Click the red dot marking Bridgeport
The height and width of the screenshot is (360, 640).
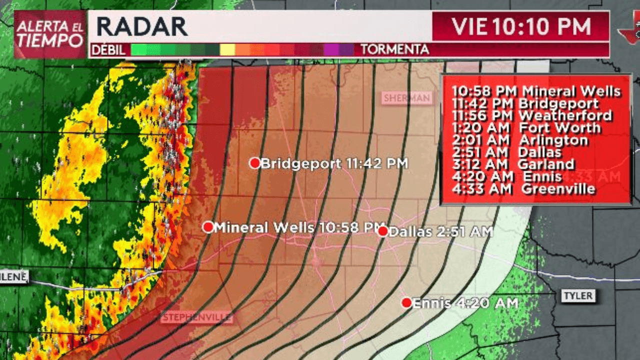(x=255, y=163)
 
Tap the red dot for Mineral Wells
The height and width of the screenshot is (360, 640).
(x=208, y=227)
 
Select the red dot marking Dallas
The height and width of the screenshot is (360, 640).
(x=383, y=231)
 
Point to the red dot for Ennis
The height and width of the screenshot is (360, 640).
(x=406, y=302)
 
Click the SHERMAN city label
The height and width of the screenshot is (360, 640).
(x=406, y=98)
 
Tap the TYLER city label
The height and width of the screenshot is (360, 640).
(x=578, y=295)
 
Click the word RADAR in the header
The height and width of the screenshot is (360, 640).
(x=142, y=26)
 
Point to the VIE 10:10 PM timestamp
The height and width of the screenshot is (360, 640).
(x=521, y=26)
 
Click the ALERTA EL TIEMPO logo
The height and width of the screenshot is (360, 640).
(x=49, y=34)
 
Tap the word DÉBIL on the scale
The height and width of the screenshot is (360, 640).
(x=109, y=50)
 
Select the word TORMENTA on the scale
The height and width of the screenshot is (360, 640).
(x=395, y=50)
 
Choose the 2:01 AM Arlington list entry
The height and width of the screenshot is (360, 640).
(x=520, y=140)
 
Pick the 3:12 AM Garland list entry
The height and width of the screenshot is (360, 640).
(x=513, y=164)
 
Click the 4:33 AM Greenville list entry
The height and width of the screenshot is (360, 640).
(x=523, y=189)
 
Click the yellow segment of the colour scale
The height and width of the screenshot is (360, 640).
(x=227, y=50)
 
